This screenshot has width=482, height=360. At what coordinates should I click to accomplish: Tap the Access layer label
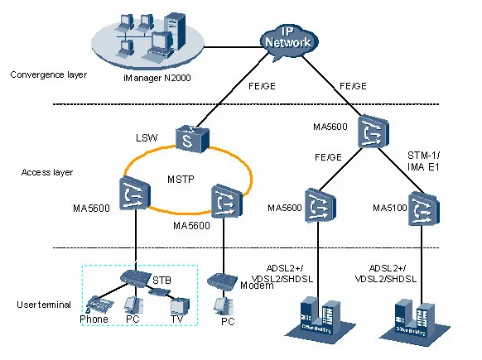tap(47, 172)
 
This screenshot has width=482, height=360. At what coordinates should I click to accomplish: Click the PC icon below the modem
tap(222, 305)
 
